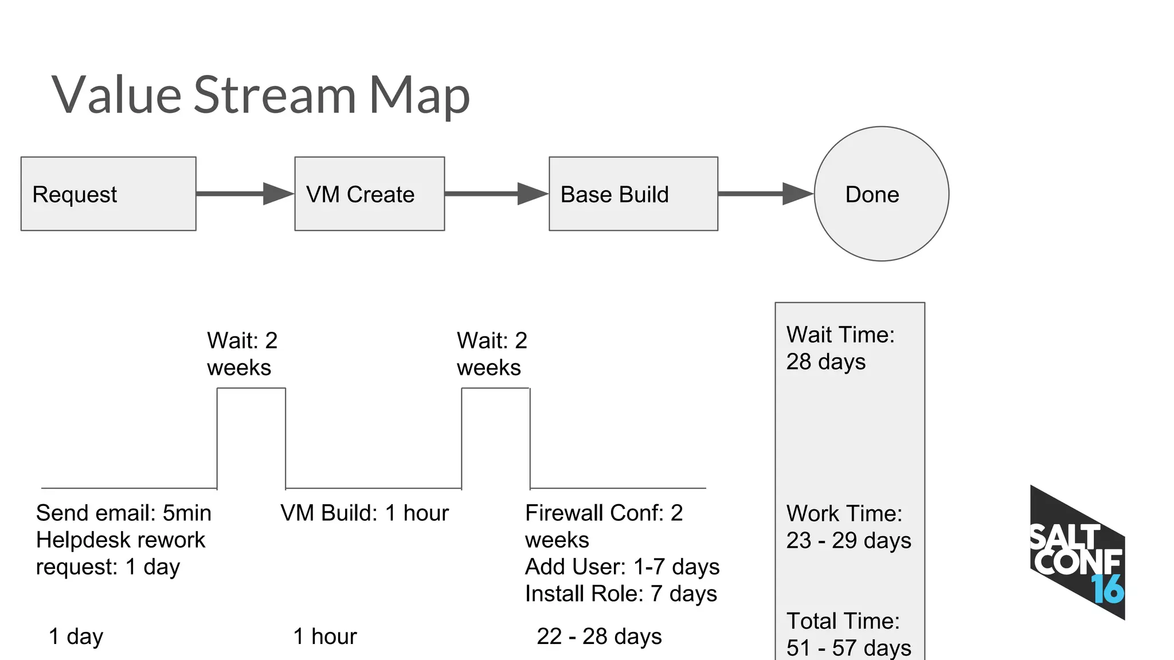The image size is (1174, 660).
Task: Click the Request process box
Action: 108,194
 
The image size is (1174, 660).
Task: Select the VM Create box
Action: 369,194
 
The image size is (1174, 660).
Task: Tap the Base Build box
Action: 633,194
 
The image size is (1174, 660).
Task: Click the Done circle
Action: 881,194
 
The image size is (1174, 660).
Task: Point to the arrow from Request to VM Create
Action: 245,194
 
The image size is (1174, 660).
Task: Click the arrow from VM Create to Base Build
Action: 496,194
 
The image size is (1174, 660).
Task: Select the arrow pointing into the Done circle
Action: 765,194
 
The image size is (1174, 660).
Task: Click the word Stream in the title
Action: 275,95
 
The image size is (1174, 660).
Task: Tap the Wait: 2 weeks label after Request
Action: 242,354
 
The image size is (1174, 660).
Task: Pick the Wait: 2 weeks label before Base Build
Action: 492,354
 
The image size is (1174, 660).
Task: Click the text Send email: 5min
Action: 123,513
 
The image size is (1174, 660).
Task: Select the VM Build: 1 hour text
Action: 365,513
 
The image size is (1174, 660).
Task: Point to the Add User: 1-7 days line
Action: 622,567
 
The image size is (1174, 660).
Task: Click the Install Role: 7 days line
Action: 621,594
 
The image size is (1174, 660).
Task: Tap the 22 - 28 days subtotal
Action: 599,637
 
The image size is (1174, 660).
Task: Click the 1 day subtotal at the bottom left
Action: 76,637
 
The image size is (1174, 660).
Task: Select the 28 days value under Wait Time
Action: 825,362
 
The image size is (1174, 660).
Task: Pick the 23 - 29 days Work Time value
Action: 848,540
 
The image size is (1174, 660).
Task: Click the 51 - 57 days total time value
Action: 848,647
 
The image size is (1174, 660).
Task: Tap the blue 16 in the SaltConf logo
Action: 1108,590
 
